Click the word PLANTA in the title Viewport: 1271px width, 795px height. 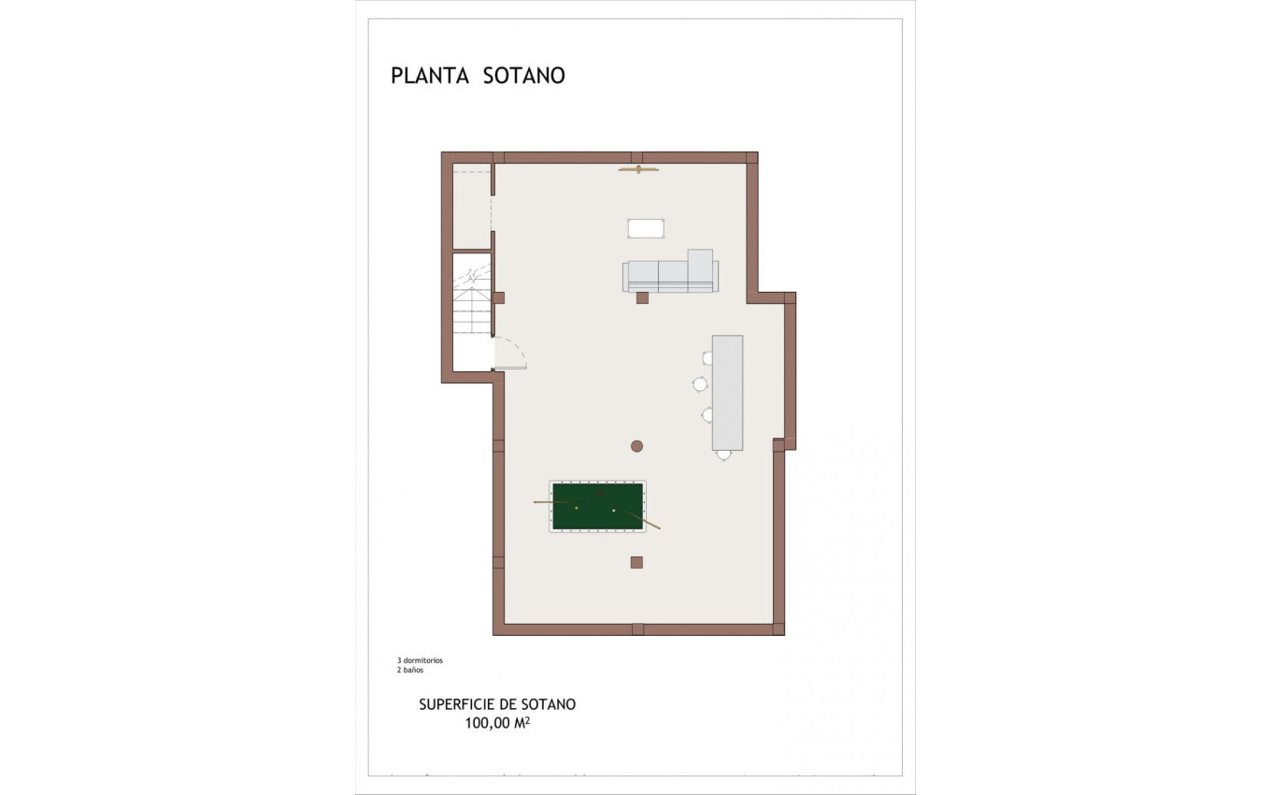click(429, 76)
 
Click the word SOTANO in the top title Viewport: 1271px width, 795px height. click(524, 76)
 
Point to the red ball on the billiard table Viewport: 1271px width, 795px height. click(601, 492)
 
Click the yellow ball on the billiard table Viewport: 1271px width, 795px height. click(577, 507)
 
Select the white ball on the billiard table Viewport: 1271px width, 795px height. click(613, 510)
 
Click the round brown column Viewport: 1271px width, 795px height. click(636, 446)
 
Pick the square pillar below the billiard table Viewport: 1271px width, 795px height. click(636, 562)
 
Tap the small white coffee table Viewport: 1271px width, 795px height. click(646, 227)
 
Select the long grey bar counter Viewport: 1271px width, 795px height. click(727, 392)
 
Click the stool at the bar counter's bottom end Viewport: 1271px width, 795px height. click(723, 455)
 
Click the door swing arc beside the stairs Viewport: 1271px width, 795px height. click(512, 352)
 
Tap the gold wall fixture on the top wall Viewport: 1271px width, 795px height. click(639, 169)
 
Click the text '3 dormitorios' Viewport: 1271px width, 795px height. click(420, 660)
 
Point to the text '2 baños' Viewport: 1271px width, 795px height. click(409, 671)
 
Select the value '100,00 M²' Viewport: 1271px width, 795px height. click(497, 723)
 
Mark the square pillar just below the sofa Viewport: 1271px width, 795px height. click(642, 298)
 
